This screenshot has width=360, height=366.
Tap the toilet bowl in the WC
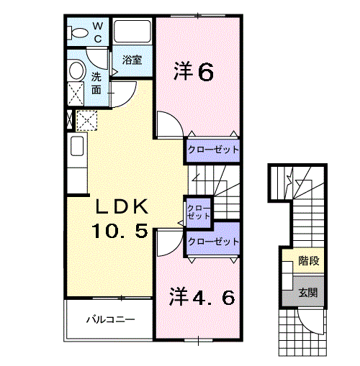[77, 31]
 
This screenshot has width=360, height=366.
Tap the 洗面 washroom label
[96, 83]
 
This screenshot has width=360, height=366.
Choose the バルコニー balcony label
[107, 318]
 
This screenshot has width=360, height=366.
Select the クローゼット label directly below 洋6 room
[212, 150]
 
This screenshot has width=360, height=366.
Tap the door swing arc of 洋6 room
[168, 124]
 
